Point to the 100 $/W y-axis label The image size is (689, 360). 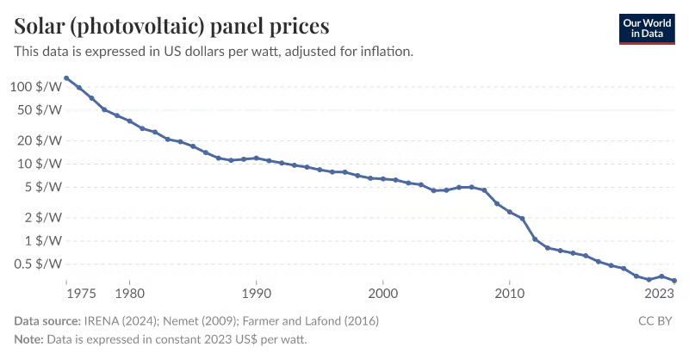(x=36, y=87)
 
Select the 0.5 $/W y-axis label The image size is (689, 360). (x=38, y=264)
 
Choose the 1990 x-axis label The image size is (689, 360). (x=257, y=293)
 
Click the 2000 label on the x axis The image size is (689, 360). (x=383, y=293)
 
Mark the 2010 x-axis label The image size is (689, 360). (x=510, y=293)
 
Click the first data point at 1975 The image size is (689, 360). (x=66, y=78)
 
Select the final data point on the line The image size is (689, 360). (x=674, y=281)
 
